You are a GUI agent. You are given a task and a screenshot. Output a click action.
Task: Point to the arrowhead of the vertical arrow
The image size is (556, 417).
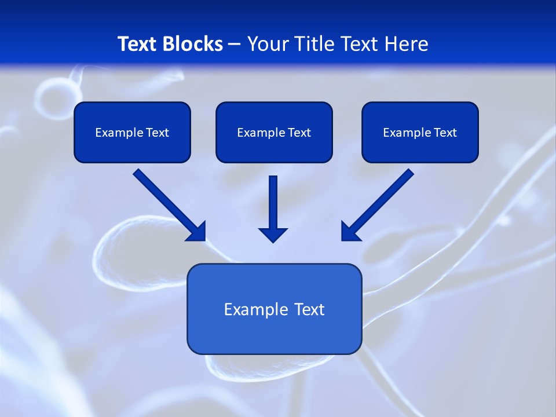click(273, 235)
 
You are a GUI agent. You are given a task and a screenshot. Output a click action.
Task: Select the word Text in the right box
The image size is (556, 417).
click(445, 133)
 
